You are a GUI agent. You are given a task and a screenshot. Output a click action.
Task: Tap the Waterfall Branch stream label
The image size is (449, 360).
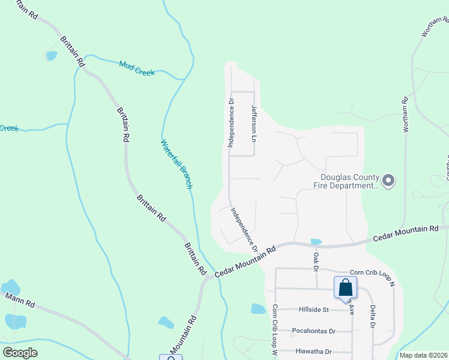point(176,164)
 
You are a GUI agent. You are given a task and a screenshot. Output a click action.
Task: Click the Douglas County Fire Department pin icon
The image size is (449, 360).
point(388,180)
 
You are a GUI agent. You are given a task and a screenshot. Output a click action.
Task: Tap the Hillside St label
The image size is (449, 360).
point(314,310)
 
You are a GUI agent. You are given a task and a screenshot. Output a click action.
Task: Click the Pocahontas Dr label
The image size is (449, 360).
point(313,331)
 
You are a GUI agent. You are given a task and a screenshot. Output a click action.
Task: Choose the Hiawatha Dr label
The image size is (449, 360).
point(313,351)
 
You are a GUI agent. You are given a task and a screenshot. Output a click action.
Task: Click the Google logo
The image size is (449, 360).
point(20,352)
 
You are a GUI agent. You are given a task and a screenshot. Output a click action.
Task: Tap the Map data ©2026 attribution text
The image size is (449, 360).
point(424,355)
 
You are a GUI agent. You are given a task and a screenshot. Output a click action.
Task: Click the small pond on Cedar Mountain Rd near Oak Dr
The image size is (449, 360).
point(316,242)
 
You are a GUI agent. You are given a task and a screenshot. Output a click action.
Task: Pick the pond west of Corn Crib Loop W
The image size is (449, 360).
point(258,309)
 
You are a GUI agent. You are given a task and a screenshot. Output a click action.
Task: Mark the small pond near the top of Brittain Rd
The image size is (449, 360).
point(51,56)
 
